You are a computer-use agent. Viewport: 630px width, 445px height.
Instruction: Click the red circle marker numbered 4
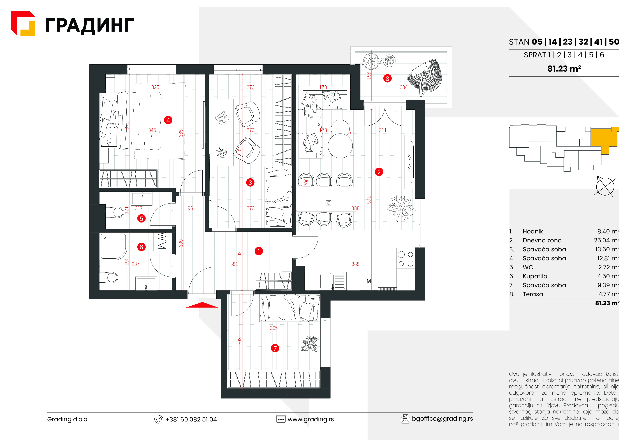168,120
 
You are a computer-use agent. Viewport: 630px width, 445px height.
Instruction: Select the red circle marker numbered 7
275,348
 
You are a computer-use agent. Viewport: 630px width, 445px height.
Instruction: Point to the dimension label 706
306,182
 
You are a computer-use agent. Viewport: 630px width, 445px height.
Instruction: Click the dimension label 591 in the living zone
369,200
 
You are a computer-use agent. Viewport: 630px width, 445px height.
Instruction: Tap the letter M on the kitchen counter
369,281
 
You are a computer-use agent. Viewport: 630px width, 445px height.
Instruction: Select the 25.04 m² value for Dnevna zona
606,240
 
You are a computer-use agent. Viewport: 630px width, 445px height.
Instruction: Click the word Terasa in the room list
533,294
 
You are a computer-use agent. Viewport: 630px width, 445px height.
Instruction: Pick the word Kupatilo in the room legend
535,276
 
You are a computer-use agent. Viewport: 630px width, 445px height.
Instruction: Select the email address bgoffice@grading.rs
442,419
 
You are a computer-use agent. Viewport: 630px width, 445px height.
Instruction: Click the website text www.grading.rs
311,419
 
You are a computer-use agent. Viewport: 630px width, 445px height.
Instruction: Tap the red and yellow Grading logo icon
23,23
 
